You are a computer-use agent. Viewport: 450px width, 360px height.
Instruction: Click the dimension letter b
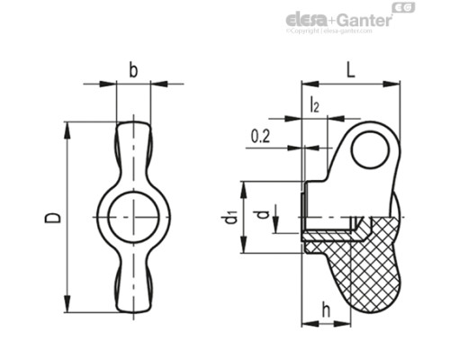tap(133, 69)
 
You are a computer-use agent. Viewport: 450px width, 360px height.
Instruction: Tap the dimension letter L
tap(349, 68)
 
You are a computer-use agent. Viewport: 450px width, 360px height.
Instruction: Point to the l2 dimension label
tap(314, 104)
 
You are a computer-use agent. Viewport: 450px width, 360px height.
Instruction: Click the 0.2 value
tap(261, 136)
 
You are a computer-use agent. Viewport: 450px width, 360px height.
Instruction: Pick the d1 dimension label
tap(230, 217)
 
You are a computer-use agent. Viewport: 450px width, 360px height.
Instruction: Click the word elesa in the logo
tap(308, 19)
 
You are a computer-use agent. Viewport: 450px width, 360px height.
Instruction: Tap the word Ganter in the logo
tap(364, 19)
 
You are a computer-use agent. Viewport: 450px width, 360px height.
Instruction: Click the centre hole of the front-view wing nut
tap(133, 216)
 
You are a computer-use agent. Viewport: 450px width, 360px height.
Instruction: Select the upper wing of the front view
tap(133, 148)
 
